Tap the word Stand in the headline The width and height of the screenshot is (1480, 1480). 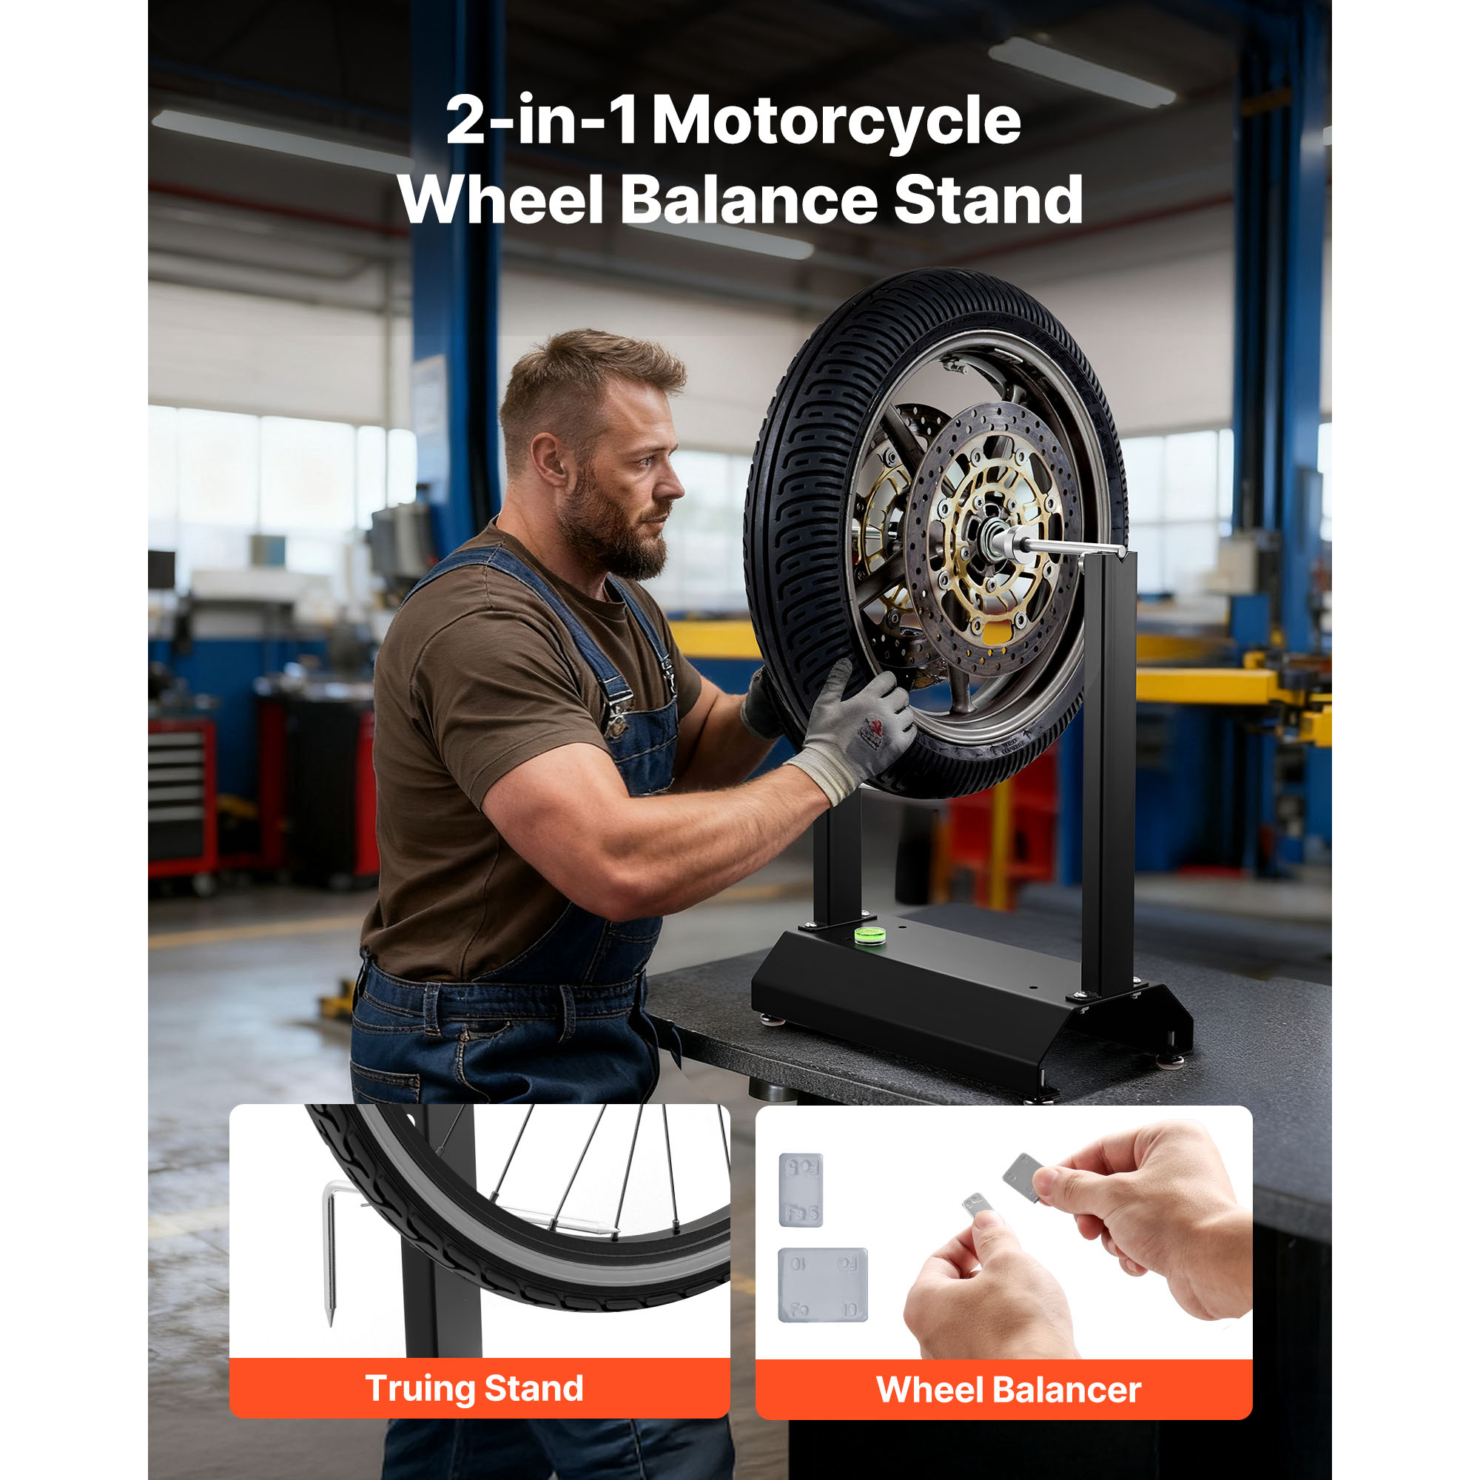pos(988,200)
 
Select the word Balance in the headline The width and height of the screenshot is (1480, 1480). pos(748,200)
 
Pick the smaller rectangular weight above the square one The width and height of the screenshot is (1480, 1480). pos(801,1190)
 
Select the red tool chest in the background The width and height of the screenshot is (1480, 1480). pos(182,797)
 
